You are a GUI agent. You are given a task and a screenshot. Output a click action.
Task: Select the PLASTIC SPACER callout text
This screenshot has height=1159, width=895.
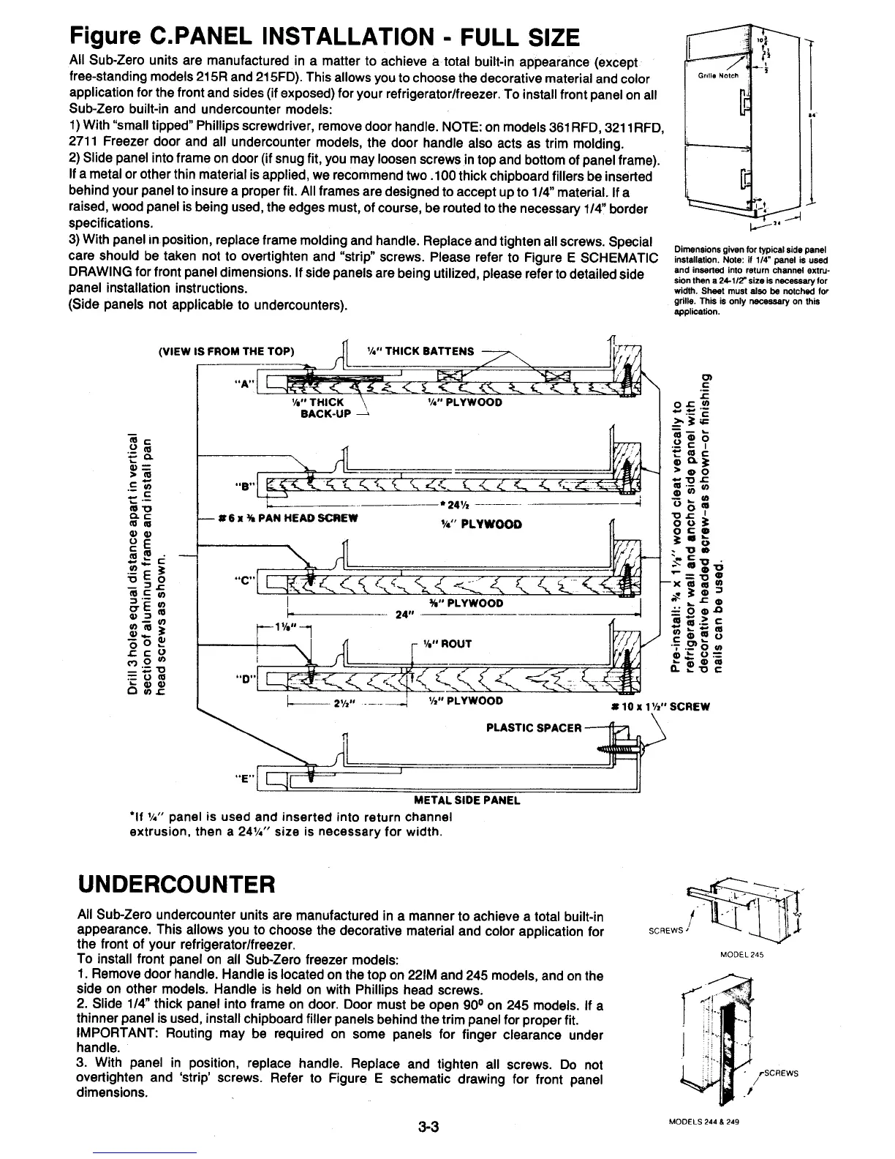(x=534, y=728)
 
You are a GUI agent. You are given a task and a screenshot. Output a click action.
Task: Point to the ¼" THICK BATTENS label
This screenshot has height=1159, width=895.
(x=420, y=350)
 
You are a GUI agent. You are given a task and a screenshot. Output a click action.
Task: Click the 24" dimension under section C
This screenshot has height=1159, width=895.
(x=401, y=615)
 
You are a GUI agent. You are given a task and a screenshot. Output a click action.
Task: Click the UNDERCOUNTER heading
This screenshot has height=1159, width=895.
(x=175, y=885)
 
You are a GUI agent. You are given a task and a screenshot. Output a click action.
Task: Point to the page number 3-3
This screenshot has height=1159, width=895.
(x=427, y=1127)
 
